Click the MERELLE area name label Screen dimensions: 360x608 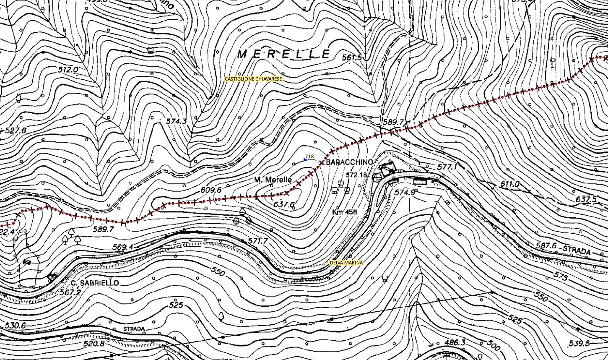coord(284,54)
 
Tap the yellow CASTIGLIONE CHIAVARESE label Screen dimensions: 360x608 coord(254,79)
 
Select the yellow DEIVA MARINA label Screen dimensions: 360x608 coord(346,263)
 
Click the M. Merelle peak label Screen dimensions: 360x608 coord(273,180)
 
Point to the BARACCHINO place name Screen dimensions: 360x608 coord(349,162)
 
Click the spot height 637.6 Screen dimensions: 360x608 coord(284,205)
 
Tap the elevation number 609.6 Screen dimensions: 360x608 coord(210,190)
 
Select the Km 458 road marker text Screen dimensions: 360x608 coord(344,212)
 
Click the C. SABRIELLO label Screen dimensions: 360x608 coord(94,283)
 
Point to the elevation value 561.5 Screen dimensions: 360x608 coord(351,57)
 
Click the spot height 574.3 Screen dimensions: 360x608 coord(176,121)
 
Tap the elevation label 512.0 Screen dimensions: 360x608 coord(68,70)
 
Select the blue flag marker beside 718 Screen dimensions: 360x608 coord(305,159)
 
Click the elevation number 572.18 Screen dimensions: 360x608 coord(356,175)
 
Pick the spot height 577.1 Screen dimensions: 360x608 coord(447,167)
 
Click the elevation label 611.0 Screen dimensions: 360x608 coord(509,184)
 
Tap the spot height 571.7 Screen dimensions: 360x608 coord(257,241)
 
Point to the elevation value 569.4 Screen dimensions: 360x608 coord(123,248)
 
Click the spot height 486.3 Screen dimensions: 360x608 coord(455,343)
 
